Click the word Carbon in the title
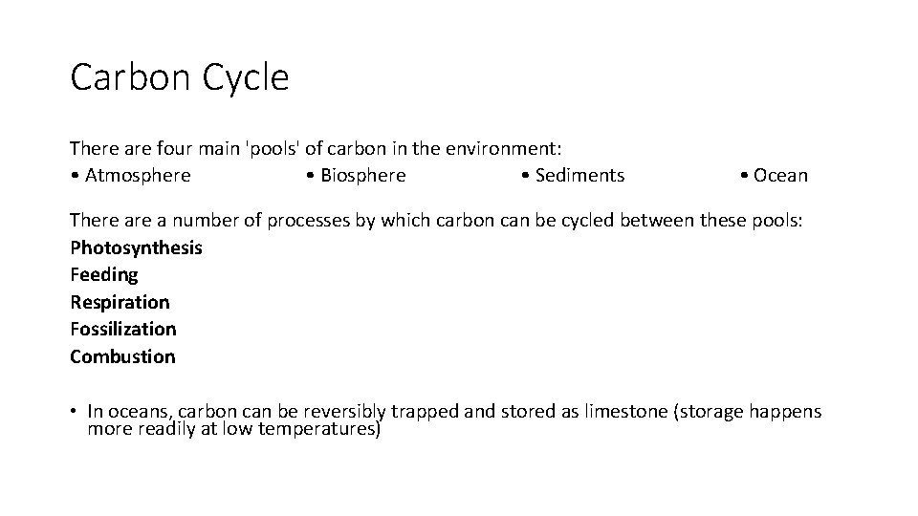(130, 77)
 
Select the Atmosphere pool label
(138, 176)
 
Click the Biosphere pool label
(362, 176)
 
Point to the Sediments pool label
(579, 176)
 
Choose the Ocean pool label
(780, 176)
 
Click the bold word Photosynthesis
(136, 248)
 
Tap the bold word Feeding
(104, 275)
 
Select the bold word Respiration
(120, 302)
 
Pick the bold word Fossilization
(123, 330)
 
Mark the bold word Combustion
(122, 356)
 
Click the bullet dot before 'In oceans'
(74, 412)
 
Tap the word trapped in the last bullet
(425, 412)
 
